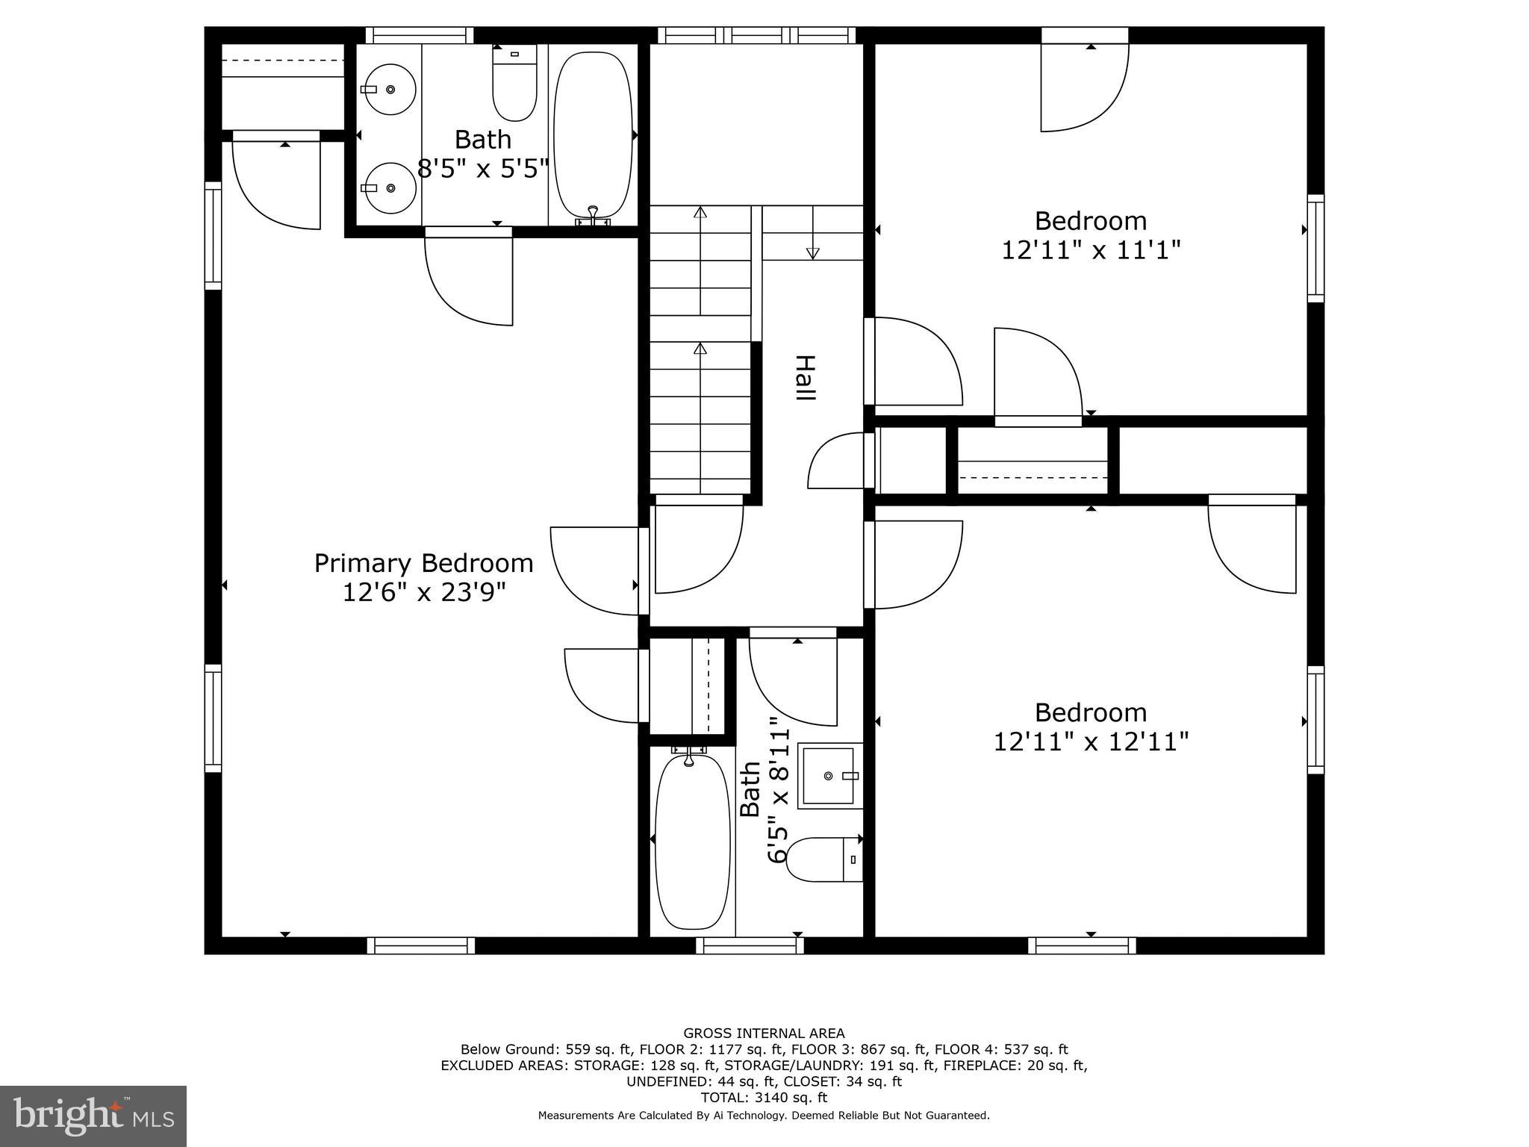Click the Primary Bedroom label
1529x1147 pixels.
(x=423, y=563)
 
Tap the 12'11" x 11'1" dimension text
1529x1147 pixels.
(x=1090, y=250)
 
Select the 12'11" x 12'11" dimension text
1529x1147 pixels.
(x=1090, y=742)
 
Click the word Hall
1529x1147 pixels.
(x=804, y=378)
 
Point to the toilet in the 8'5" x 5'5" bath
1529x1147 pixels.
(x=514, y=84)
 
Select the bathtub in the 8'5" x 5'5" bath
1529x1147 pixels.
(x=593, y=134)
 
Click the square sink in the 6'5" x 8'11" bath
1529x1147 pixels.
(x=829, y=776)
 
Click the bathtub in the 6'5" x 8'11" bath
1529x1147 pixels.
(x=692, y=841)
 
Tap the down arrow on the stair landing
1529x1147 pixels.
(x=812, y=252)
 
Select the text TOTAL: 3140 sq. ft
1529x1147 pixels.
(x=764, y=1098)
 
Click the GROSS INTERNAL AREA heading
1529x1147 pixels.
(x=764, y=1033)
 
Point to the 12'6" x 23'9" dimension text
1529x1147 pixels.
(x=423, y=593)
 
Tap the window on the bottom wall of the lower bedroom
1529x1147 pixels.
(x=1082, y=945)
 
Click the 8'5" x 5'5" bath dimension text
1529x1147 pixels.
(x=483, y=169)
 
